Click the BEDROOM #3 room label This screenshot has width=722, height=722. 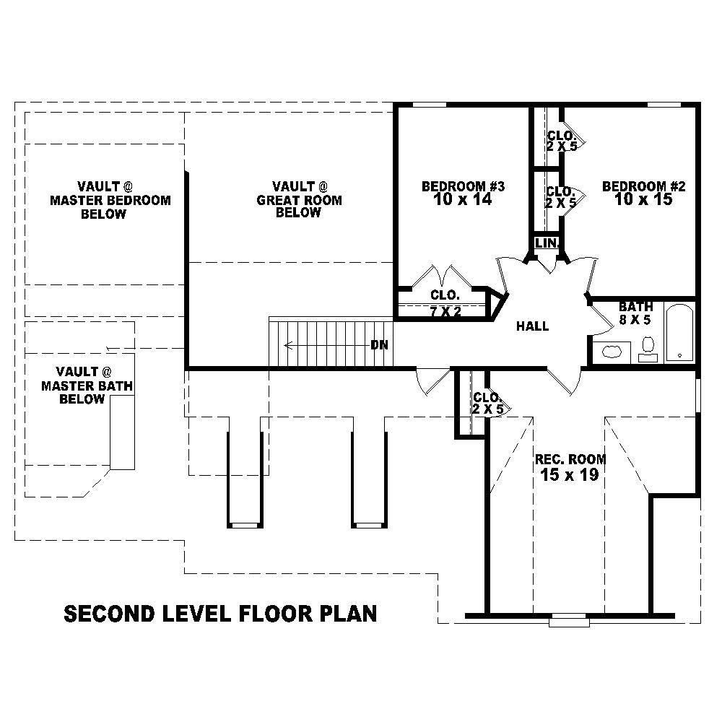[x=463, y=187]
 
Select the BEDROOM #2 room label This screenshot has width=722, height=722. [x=643, y=187]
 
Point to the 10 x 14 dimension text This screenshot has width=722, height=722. [x=463, y=200]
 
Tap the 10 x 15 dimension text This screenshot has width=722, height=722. [x=643, y=200]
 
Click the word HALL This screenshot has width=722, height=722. [x=532, y=326]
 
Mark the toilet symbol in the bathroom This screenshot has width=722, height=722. [x=648, y=347]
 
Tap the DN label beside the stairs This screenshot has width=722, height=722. [x=379, y=345]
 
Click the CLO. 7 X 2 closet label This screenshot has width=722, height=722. [x=445, y=303]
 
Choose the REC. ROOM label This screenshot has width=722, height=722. [x=570, y=459]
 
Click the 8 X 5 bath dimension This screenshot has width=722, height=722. [x=635, y=320]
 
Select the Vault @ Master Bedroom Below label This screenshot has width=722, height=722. [x=110, y=199]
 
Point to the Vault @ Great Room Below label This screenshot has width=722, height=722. [x=298, y=199]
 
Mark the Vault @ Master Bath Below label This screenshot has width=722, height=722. [x=87, y=386]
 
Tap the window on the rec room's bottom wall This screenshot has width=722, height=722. [x=569, y=619]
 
